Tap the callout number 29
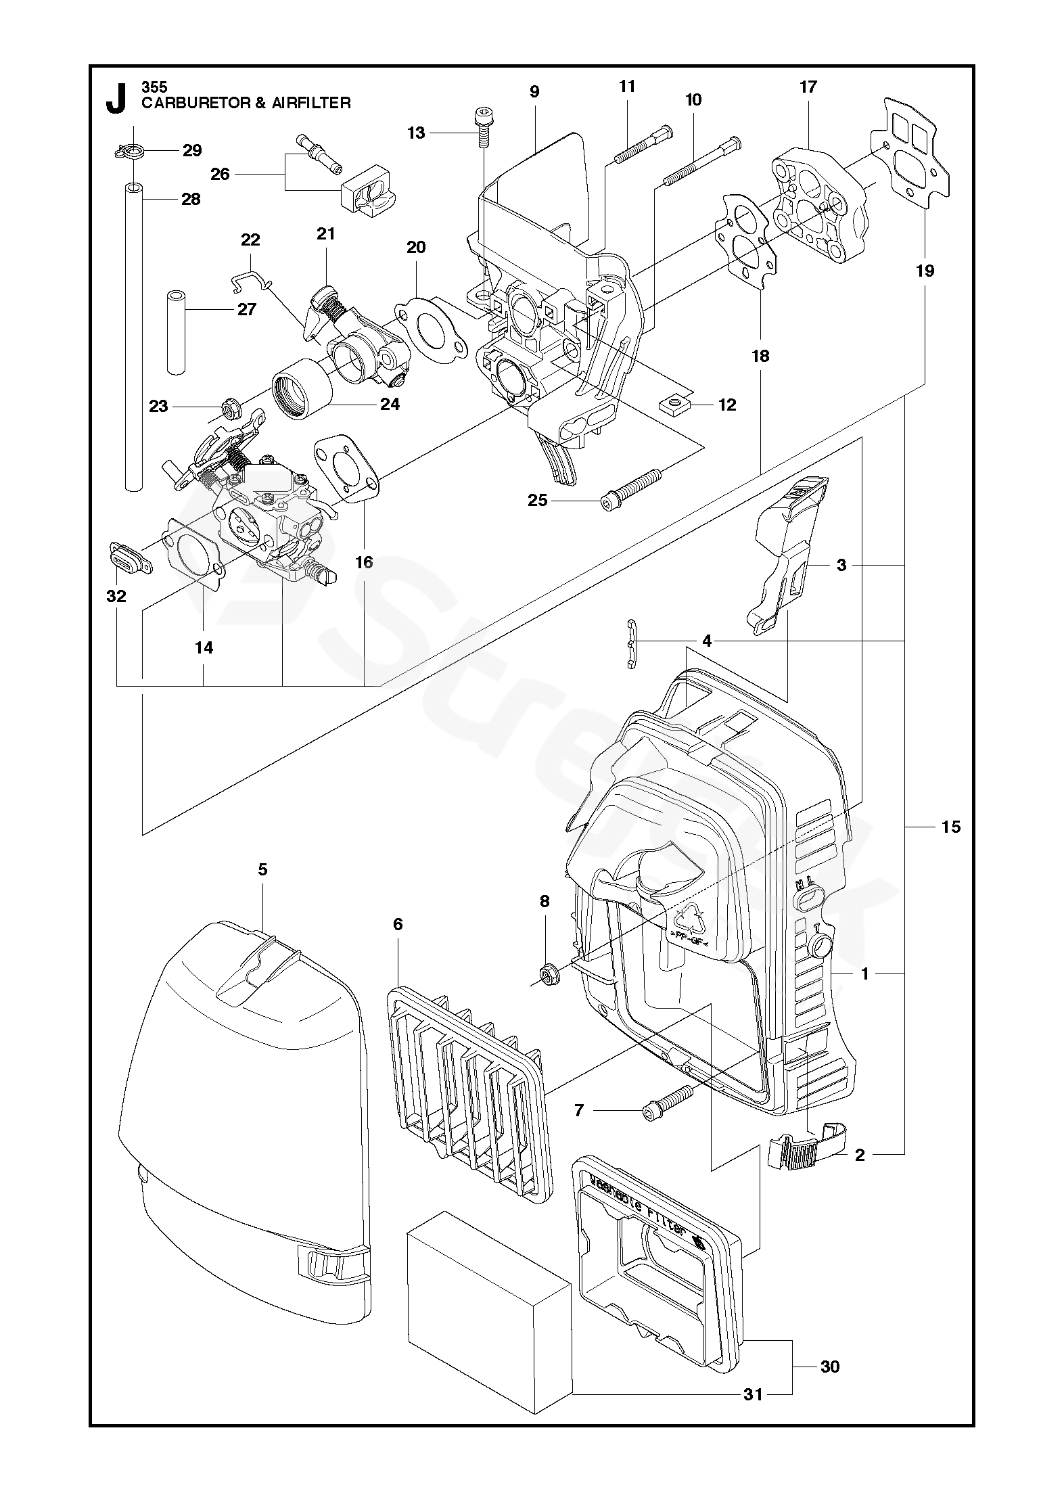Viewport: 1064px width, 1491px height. tap(193, 150)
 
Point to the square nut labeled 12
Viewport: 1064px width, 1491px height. tap(672, 405)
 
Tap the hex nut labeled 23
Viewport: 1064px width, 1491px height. tap(229, 408)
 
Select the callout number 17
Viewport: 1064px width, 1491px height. tap(808, 87)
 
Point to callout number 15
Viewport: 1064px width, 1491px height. tap(951, 827)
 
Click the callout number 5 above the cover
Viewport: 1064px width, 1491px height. tap(262, 869)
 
